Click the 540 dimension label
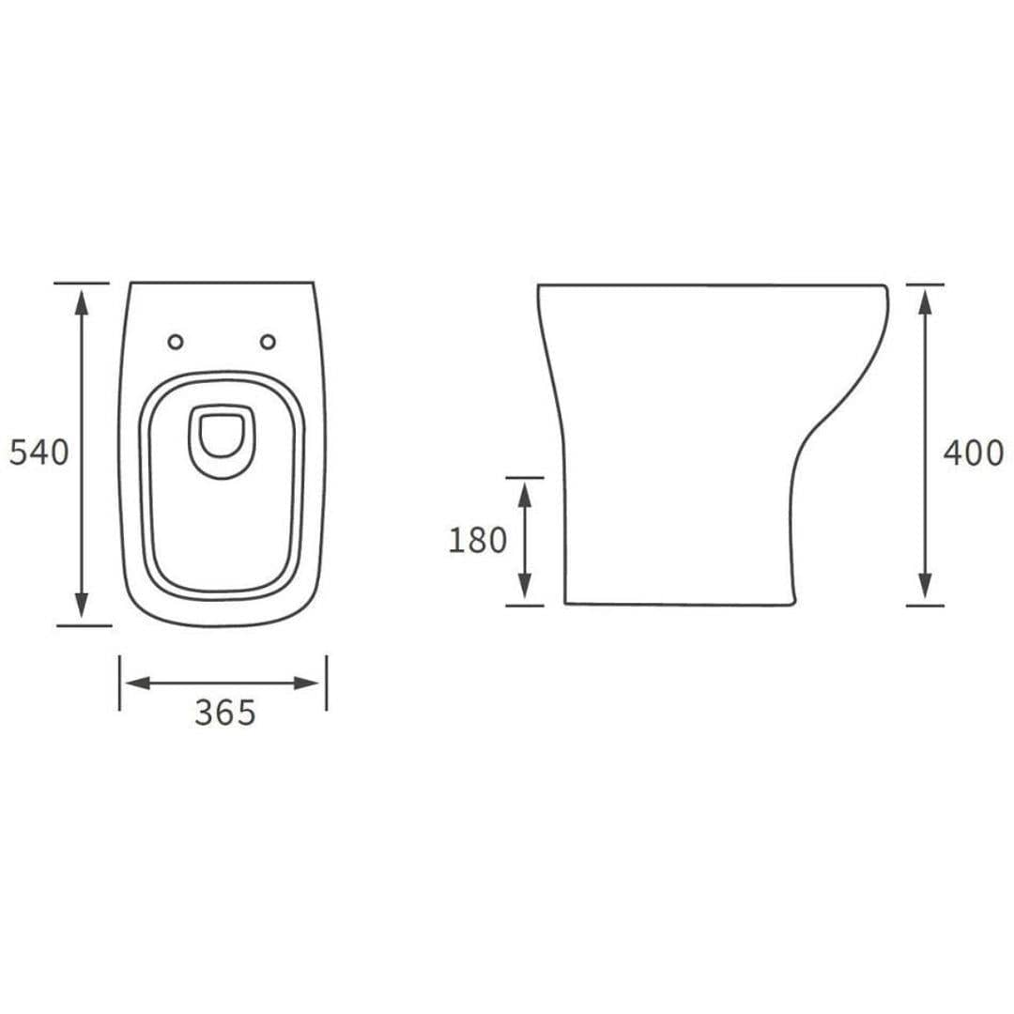[x=38, y=453]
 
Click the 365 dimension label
[x=224, y=714]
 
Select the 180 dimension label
[x=477, y=541]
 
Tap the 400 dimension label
[x=974, y=453]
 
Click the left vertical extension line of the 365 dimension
[x=119, y=683]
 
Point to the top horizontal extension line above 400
[x=925, y=284]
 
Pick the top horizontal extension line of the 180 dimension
[x=525, y=477]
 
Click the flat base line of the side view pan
[x=676, y=604]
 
